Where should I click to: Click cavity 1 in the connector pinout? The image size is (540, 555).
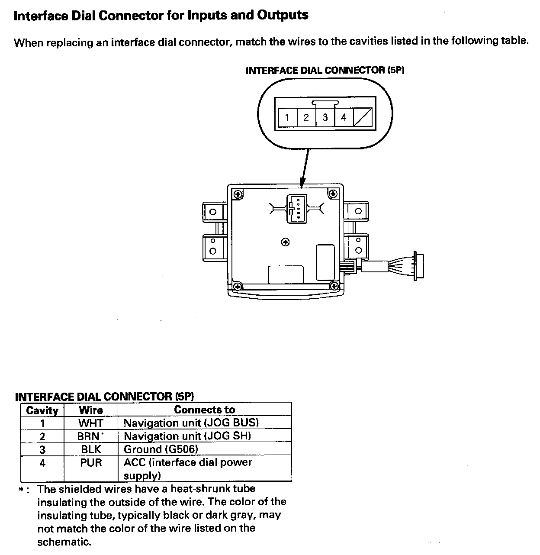coord(287,117)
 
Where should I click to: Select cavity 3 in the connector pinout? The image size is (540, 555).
coord(325,117)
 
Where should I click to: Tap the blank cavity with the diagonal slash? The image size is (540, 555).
coord(363,117)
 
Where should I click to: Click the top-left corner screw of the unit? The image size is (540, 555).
coord(238,195)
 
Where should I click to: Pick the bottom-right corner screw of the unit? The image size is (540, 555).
coord(334,286)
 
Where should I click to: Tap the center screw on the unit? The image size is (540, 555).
coord(286,242)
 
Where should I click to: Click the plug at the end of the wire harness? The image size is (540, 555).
coord(418,266)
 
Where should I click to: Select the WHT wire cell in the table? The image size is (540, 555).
coord(91,423)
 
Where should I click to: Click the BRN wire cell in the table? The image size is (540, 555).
coord(91,436)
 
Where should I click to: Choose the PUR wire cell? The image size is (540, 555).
coord(91,468)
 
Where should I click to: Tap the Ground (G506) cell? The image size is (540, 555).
coord(205,449)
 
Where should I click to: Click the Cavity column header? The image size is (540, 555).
coord(42,410)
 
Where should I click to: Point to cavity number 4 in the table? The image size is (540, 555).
coord(42,463)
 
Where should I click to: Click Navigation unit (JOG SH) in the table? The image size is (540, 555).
coord(187,436)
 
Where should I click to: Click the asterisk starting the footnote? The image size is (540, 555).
coord(21,490)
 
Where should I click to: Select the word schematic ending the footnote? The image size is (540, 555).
coord(64,542)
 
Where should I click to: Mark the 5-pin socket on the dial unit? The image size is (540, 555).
coord(296,209)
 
